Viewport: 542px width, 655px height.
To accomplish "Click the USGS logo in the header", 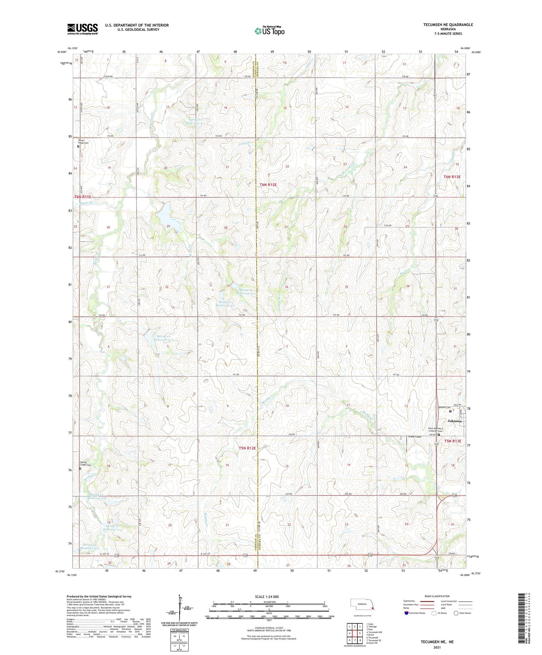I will [83, 29].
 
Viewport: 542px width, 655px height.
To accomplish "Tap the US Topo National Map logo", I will [269, 31].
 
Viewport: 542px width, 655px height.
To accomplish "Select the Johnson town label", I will [454, 421].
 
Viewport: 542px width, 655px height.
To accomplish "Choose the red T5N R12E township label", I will [247, 448].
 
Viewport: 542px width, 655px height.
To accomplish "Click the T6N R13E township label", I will [452, 177].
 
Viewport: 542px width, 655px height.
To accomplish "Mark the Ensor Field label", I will [414, 437].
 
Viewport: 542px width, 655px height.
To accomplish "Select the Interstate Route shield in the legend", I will [407, 613].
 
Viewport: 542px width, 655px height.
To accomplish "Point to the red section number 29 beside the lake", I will [168, 226].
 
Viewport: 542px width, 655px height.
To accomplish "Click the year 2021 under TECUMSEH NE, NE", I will [437, 647].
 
